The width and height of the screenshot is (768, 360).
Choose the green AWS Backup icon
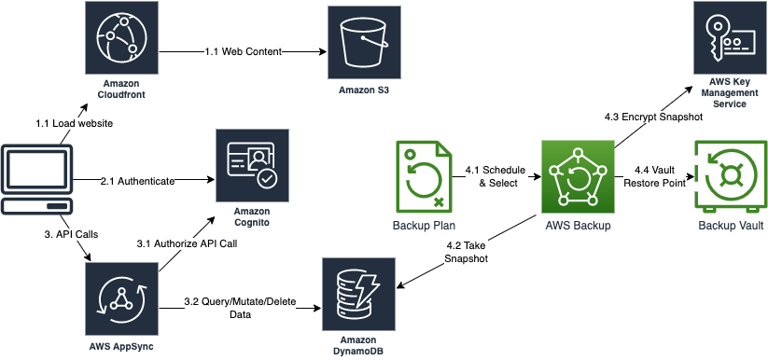pyautogui.click(x=578, y=175)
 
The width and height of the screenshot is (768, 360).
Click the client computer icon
pyautogui.click(x=35, y=177)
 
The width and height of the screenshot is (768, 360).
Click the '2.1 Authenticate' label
pyautogui.click(x=137, y=181)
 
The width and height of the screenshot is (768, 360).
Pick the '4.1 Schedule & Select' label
pyautogui.click(x=495, y=176)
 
